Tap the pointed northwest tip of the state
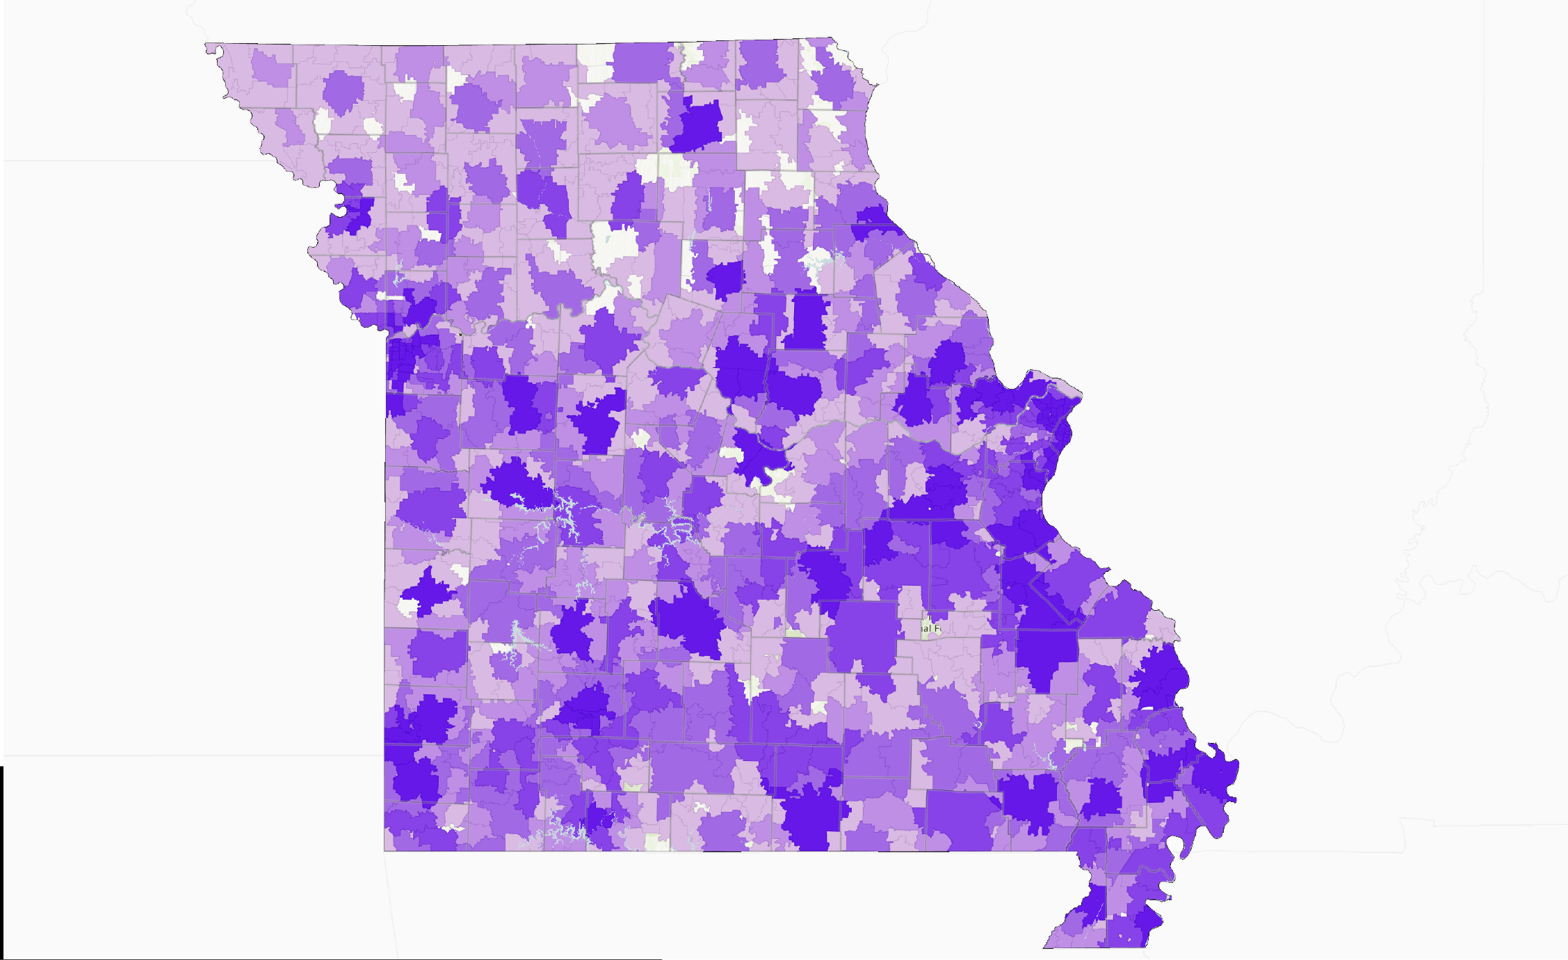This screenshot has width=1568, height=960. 207,46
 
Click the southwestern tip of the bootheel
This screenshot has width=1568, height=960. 1045,946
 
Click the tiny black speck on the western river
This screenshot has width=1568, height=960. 460,335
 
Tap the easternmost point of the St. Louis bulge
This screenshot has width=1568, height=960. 1081,397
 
